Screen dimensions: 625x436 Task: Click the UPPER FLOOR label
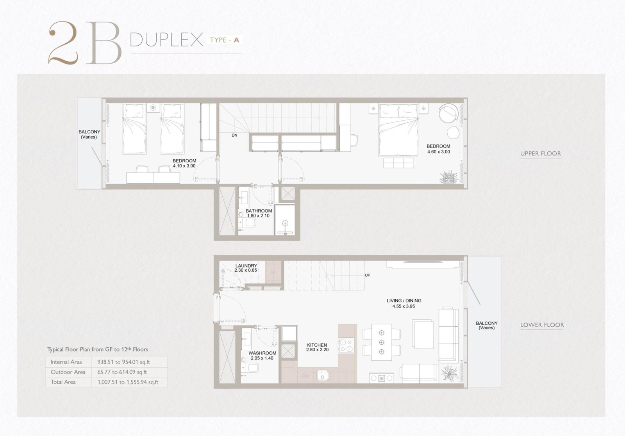(x=541, y=154)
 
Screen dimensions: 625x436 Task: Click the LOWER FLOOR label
(x=542, y=325)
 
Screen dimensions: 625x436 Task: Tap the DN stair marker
(x=234, y=135)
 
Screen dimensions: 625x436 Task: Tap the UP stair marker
(x=368, y=275)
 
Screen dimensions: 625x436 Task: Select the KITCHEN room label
(x=317, y=345)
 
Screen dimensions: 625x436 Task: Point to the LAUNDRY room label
(x=246, y=266)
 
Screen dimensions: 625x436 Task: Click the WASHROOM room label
(x=262, y=353)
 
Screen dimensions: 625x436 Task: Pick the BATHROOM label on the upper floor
(x=259, y=211)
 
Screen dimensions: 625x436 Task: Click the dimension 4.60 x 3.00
(x=439, y=152)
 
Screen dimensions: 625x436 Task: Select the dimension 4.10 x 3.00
(x=184, y=166)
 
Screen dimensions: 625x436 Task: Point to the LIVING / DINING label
(x=404, y=301)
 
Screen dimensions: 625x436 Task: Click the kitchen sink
(x=323, y=375)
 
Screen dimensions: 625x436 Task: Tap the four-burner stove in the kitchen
(x=346, y=346)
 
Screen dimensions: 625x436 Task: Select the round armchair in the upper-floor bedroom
(x=448, y=113)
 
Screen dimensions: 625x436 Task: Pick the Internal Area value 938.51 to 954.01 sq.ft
(x=123, y=362)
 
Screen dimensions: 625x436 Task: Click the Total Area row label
(x=63, y=382)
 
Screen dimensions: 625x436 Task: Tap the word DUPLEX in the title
(x=166, y=39)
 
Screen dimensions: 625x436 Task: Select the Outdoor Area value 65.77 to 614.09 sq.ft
(x=122, y=372)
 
